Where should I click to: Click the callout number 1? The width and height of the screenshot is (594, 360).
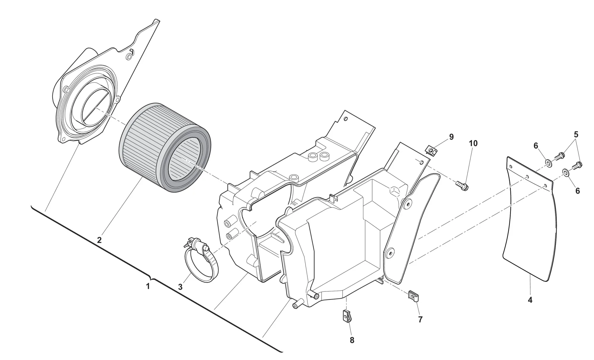pos(148,286)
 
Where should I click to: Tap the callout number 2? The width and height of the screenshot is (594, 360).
pos(99,240)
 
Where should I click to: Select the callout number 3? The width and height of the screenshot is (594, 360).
pos(180,287)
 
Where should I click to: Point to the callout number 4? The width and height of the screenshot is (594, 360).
pos(530,300)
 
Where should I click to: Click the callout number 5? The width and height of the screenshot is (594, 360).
pos(576,134)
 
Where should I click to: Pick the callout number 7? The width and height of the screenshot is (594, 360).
pos(420,319)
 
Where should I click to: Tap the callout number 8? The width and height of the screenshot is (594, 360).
pos(352,340)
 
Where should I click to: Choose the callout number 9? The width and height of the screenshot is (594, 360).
pos(451,137)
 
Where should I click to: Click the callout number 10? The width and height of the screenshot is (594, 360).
pos(473,143)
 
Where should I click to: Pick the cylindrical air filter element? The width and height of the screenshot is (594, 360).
pos(165,147)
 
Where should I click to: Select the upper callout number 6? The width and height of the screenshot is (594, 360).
pos(536,146)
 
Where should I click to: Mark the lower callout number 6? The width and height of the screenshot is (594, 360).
pos(577,191)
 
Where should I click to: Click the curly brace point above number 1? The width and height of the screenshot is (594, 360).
pos(152,279)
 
